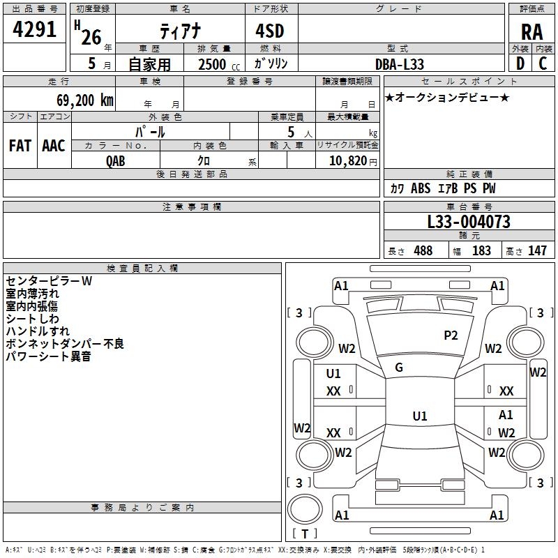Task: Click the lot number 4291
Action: pos(34,29)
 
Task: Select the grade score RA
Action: pos(531,32)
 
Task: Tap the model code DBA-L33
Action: pos(400,64)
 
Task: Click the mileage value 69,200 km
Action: pos(85,100)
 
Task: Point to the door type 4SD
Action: pos(270,31)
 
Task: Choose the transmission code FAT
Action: pos(20,146)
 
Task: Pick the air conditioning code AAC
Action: pos(54,146)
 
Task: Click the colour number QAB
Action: pos(116,161)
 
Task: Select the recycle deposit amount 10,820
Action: pos(348,161)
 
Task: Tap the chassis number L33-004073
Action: pos(469,222)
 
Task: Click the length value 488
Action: pos(423,250)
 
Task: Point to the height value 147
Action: pos(537,250)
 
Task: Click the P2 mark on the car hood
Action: pos(451,335)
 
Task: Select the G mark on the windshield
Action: pos(399,368)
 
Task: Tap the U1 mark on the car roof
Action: pos(420,416)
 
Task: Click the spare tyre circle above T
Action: pos(305,509)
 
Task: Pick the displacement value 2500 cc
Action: pos(219,64)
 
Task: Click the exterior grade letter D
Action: pos(520,63)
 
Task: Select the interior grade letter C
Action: pos(543,63)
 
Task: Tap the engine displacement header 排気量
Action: pos(214,49)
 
